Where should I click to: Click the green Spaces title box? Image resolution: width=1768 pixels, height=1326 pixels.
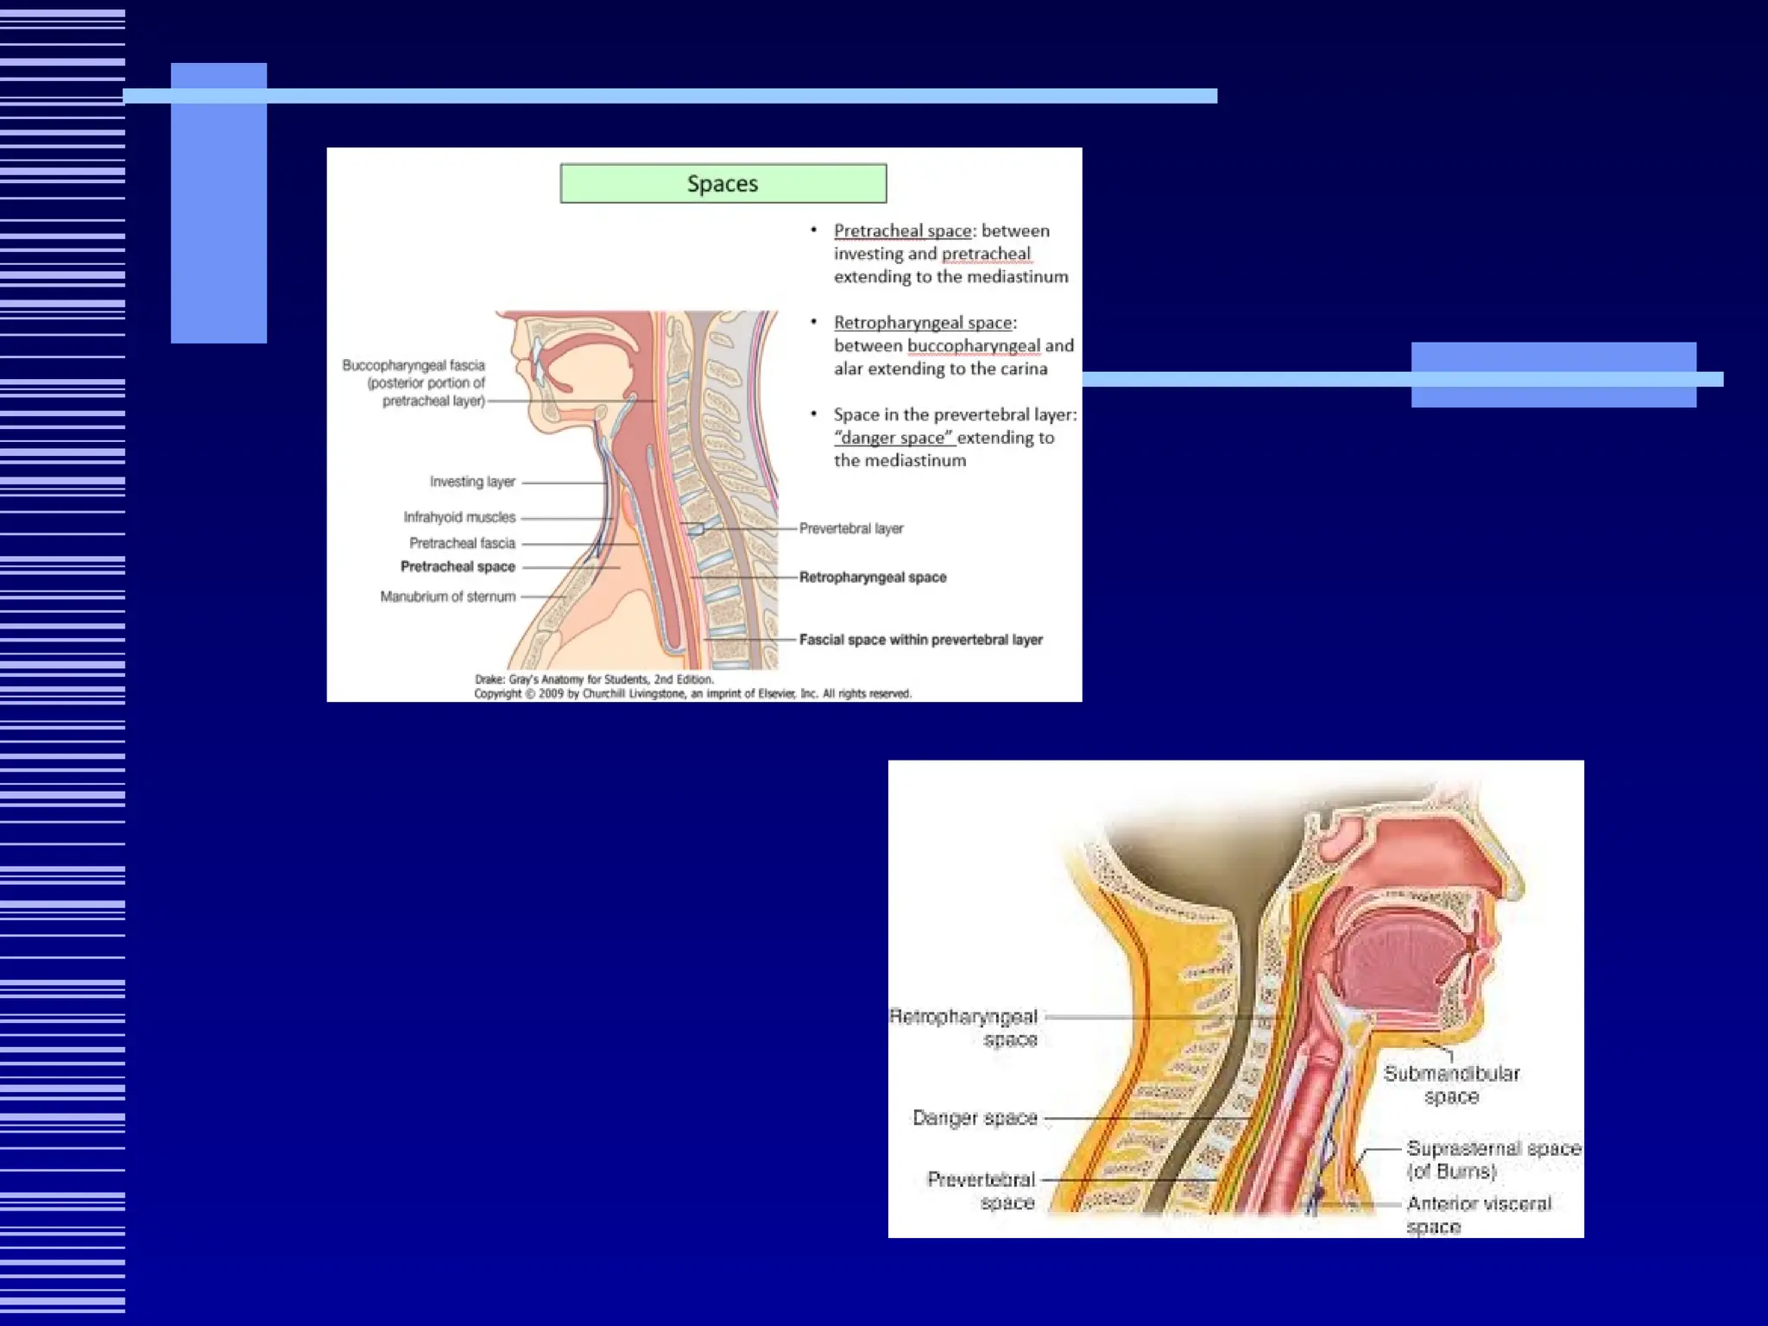coord(723,184)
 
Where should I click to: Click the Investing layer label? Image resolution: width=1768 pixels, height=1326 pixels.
coord(472,482)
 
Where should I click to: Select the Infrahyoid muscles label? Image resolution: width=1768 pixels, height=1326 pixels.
coord(459,517)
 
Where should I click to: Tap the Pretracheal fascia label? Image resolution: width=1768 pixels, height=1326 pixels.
coord(462,543)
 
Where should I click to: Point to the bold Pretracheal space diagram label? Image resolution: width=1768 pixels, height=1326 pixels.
coord(458,567)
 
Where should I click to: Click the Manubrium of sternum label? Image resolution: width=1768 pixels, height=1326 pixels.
coord(447,597)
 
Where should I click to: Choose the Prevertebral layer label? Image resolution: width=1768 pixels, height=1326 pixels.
coord(851,528)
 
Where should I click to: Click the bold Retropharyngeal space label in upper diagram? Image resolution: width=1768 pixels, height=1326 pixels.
coord(873,578)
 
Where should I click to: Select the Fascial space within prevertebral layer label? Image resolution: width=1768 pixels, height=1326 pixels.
coord(920,640)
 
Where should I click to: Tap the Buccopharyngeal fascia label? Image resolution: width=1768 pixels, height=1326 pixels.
coord(414,382)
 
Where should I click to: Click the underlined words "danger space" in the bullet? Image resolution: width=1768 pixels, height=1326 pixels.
coord(893,438)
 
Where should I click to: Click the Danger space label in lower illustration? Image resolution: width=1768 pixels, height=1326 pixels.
coord(975,1118)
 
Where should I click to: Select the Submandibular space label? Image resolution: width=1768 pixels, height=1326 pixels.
coord(1451,1085)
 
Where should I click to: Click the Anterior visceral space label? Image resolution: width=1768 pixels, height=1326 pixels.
coord(1478,1214)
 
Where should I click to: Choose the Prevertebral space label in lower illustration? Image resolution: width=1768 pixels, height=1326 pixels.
coord(981,1190)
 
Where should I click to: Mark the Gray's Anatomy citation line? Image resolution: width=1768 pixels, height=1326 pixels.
coord(595,679)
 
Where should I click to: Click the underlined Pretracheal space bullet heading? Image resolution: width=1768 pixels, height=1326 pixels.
coord(902,231)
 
